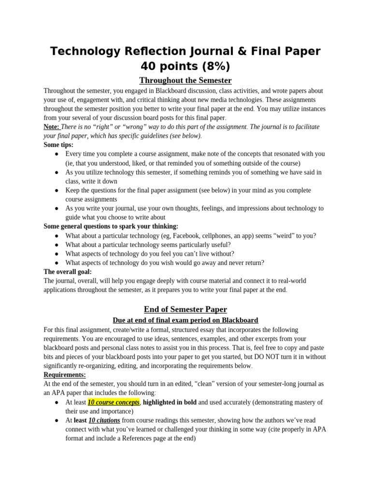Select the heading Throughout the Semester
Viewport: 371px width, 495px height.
[x=185, y=80]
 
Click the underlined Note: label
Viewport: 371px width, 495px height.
[x=52, y=127]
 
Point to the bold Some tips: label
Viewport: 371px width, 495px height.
[x=58, y=145]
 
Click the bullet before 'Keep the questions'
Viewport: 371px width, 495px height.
[x=57, y=190]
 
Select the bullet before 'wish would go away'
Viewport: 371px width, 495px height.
[x=57, y=263]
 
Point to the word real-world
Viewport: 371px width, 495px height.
[x=290, y=281]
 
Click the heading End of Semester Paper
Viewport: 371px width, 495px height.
[x=185, y=309]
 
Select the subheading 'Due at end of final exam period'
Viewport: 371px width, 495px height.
[x=185, y=320]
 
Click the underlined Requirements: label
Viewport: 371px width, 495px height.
[x=65, y=375]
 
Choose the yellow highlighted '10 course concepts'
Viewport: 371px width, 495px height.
[x=114, y=402]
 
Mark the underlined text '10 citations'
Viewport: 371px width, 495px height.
[x=104, y=421]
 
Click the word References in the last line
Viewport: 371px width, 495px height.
[x=136, y=439]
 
